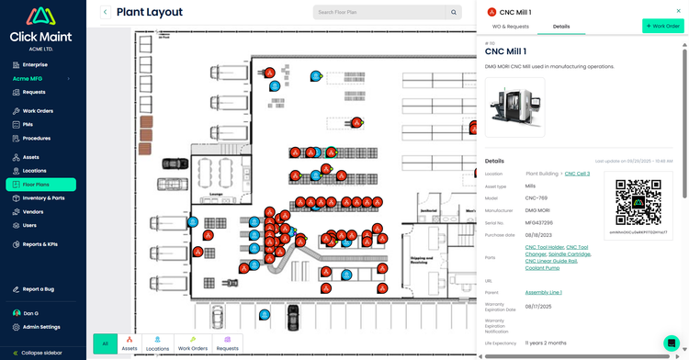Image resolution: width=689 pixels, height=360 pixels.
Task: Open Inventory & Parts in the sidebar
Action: pos(43,198)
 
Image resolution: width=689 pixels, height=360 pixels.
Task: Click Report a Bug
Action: pos(39,289)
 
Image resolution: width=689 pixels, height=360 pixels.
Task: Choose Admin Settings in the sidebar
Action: pos(41,327)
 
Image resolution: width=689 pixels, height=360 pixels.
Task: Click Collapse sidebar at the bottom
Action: pos(41,353)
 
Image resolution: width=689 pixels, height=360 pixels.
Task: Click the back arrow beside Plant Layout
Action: pos(106,12)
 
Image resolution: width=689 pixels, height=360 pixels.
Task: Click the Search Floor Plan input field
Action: pos(379,12)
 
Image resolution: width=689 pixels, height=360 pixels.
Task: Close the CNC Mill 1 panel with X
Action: pos(679,11)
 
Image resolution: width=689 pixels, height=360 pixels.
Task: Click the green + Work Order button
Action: pos(662,27)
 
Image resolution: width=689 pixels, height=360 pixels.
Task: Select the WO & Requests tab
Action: pos(510,27)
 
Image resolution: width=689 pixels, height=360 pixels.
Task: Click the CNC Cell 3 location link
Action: pos(577,174)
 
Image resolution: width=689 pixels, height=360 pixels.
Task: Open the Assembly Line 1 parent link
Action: pos(544,292)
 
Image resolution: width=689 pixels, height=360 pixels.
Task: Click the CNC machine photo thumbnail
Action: pos(514,107)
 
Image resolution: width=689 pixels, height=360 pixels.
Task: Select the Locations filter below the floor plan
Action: pos(157,345)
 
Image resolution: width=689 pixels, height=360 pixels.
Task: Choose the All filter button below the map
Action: pos(106,345)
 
